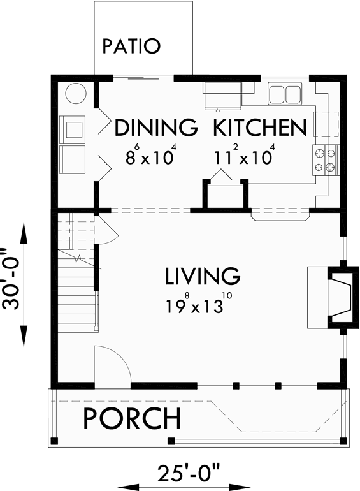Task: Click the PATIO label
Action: [x=132, y=46]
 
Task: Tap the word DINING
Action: [x=156, y=128]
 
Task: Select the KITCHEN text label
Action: [x=259, y=128]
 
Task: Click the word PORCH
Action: [x=133, y=418]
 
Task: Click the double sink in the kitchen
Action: [x=284, y=94]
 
